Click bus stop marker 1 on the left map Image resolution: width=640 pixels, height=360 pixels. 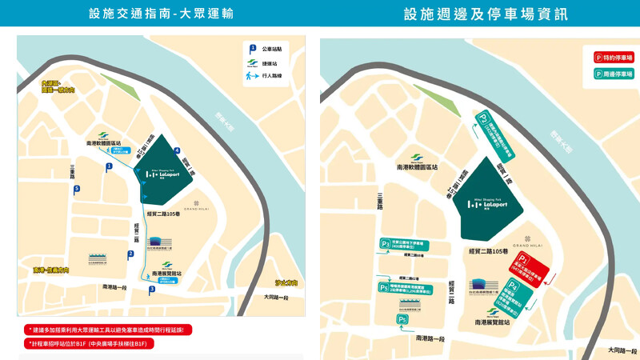108,167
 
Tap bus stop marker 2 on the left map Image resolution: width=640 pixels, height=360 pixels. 130,255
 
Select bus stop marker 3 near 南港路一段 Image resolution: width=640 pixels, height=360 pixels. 151,290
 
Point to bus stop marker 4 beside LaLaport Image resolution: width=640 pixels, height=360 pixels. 177,151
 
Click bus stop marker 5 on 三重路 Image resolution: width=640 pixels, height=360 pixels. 77,190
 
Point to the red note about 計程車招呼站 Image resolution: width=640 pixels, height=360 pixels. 90,343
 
